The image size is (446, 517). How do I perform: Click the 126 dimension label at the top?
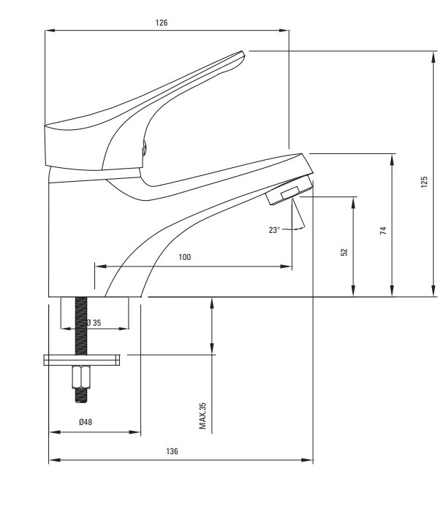tap(162, 23)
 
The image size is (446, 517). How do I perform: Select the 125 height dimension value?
tap(424, 182)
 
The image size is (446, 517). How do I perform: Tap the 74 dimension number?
tap(383, 231)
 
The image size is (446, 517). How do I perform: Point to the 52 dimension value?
tap(344, 252)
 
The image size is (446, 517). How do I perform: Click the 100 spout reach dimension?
tap(184, 257)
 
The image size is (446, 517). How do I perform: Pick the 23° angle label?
tap(274, 230)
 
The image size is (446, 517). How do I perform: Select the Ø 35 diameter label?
tap(94, 323)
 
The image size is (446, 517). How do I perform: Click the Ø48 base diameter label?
tap(86, 422)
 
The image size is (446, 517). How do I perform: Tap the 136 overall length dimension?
tap(172, 451)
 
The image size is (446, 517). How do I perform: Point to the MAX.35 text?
tap(203, 415)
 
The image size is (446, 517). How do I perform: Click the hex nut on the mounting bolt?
tap(81, 377)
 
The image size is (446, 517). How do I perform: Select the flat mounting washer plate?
tap(82, 360)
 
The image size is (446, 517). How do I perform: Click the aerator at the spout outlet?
tap(290, 190)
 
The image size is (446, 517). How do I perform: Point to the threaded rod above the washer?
tap(81, 326)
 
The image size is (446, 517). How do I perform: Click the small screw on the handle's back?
tap(143, 148)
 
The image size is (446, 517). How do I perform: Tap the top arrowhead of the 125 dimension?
tap(434, 57)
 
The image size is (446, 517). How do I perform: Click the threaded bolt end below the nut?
tap(81, 395)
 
